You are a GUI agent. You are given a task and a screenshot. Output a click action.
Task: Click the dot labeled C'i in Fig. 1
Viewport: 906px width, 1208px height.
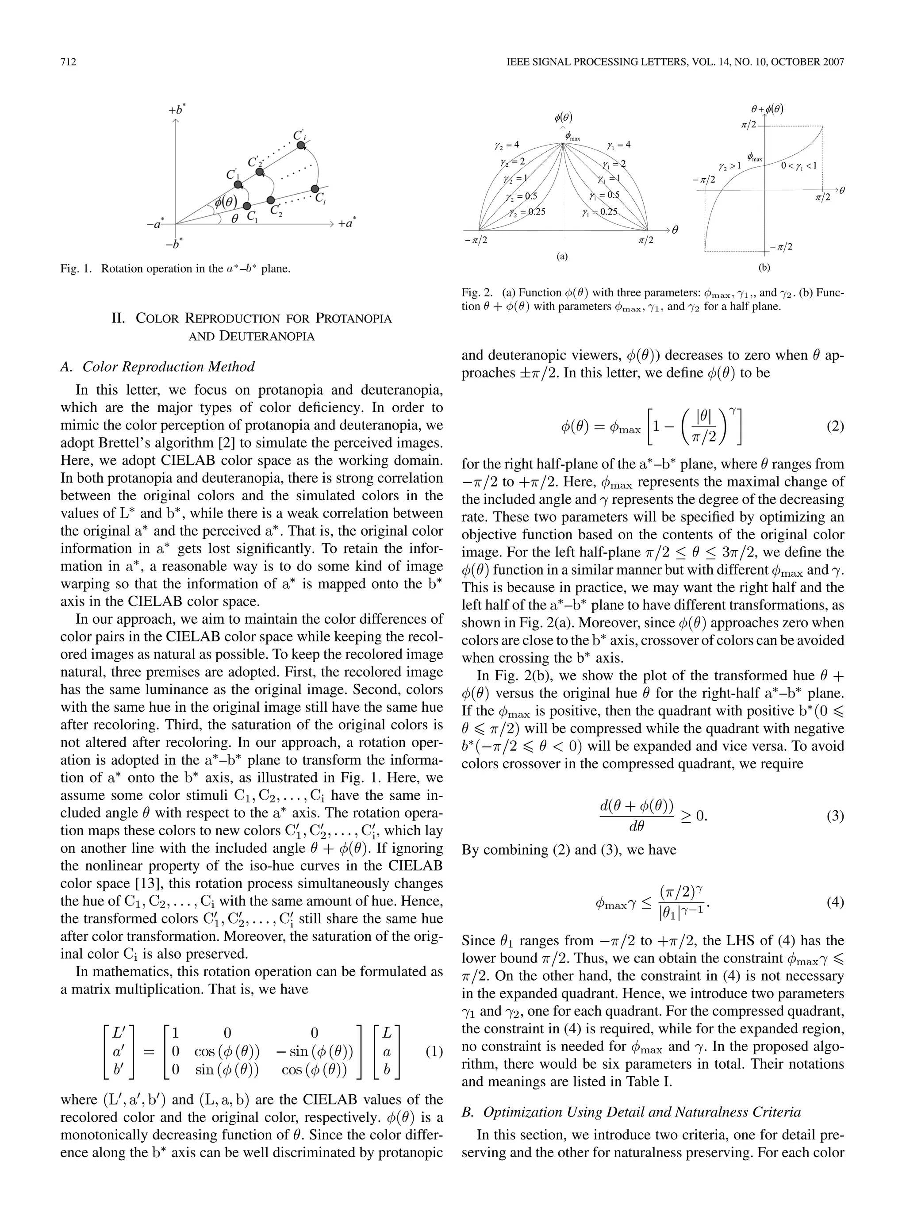click(x=300, y=145)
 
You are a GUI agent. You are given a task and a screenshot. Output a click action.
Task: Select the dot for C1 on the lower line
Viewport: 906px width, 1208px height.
click(x=247, y=206)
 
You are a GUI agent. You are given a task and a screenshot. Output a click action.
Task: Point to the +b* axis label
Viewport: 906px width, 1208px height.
click(x=177, y=110)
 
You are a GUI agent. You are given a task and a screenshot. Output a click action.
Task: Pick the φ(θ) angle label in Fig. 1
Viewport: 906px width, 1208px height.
click(x=226, y=202)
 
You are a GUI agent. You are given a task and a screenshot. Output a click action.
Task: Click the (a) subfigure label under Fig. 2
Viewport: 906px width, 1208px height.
click(x=562, y=255)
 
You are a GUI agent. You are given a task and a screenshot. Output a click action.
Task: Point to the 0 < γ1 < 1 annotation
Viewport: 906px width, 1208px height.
click(x=798, y=165)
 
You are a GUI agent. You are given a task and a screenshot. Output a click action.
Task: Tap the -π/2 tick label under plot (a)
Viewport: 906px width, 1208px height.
click(x=475, y=240)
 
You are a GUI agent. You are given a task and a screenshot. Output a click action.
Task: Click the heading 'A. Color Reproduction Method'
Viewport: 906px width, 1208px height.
click(x=157, y=366)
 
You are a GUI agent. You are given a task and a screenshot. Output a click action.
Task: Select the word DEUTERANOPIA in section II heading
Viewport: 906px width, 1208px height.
click(x=267, y=337)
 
